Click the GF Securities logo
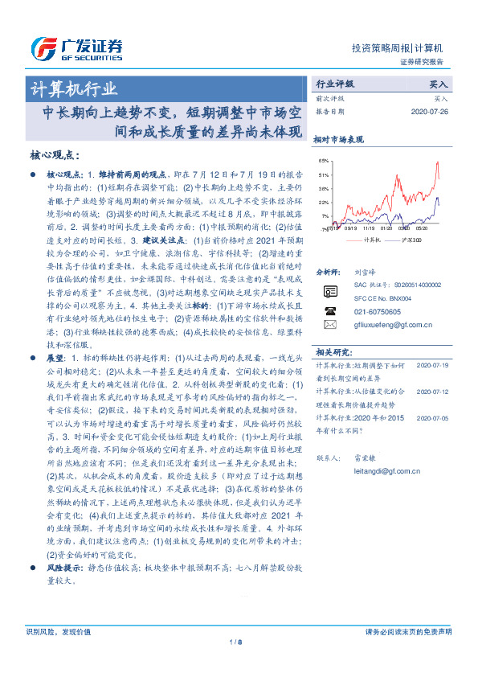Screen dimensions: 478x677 (x=76, y=47)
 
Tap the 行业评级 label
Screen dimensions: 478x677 (x=334, y=84)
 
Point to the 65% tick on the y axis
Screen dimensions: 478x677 (x=324, y=162)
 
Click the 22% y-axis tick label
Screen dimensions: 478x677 (x=324, y=203)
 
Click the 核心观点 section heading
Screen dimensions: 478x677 (x=55, y=155)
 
